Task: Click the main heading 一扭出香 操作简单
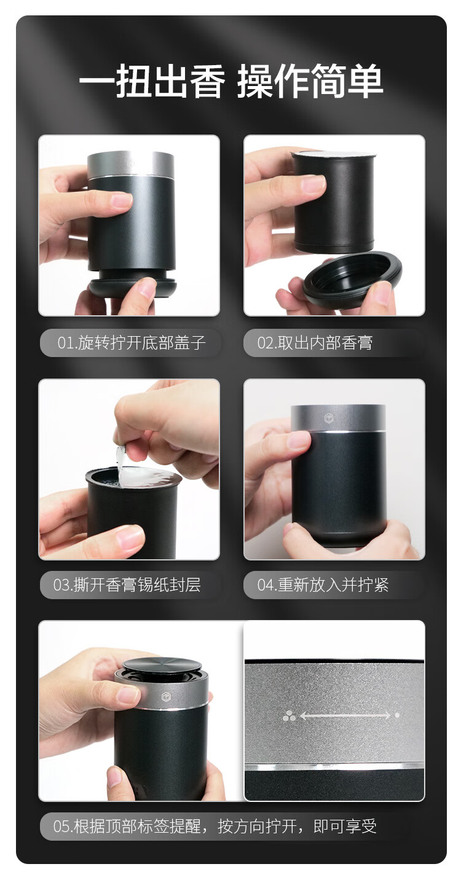tap(230, 81)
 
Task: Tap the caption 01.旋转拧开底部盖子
tap(132, 342)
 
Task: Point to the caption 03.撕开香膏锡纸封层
tap(127, 585)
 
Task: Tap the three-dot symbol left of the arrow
tap(289, 716)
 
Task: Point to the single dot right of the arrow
tap(397, 715)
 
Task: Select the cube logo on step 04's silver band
tap(329, 418)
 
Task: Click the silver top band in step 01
tap(130, 164)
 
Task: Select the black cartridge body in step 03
tap(131, 516)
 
